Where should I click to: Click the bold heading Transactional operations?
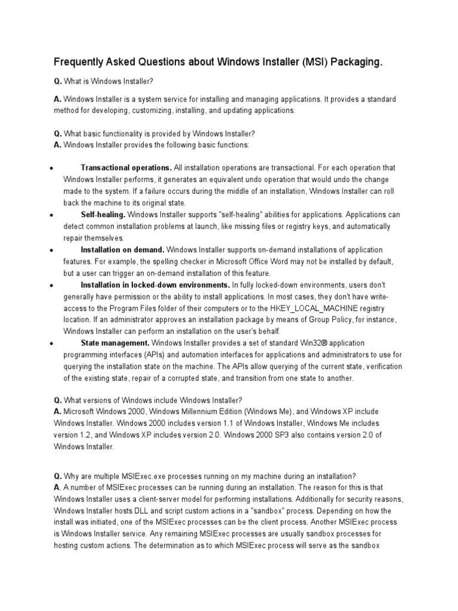[x=126, y=168]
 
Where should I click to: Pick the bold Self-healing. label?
[x=103, y=214]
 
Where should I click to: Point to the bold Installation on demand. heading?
[x=123, y=249]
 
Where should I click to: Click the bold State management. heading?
[x=115, y=343]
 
